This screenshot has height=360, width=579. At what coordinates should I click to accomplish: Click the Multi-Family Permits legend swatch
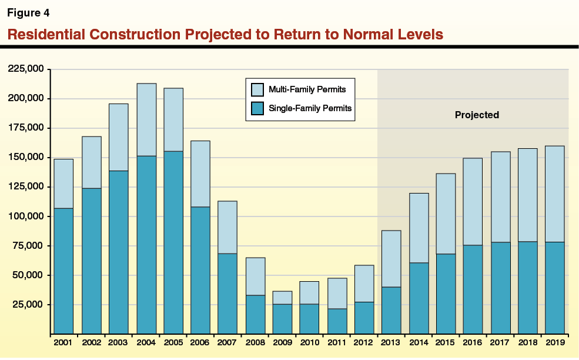click(x=257, y=89)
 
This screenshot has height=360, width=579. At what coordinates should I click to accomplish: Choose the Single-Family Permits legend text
click(x=310, y=109)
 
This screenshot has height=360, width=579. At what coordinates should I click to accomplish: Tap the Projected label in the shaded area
click(x=477, y=115)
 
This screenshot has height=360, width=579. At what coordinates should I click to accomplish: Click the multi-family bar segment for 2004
click(x=146, y=120)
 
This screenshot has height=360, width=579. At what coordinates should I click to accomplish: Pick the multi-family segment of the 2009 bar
click(x=282, y=298)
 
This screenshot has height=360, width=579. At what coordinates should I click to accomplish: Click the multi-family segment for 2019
click(x=554, y=194)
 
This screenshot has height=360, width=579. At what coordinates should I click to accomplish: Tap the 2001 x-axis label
click(x=63, y=342)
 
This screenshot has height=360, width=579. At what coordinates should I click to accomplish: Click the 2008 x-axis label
click(x=255, y=342)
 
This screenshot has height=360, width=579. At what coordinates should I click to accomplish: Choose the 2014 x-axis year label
click(x=419, y=342)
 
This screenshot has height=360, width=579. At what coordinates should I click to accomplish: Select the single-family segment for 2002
click(x=91, y=261)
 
